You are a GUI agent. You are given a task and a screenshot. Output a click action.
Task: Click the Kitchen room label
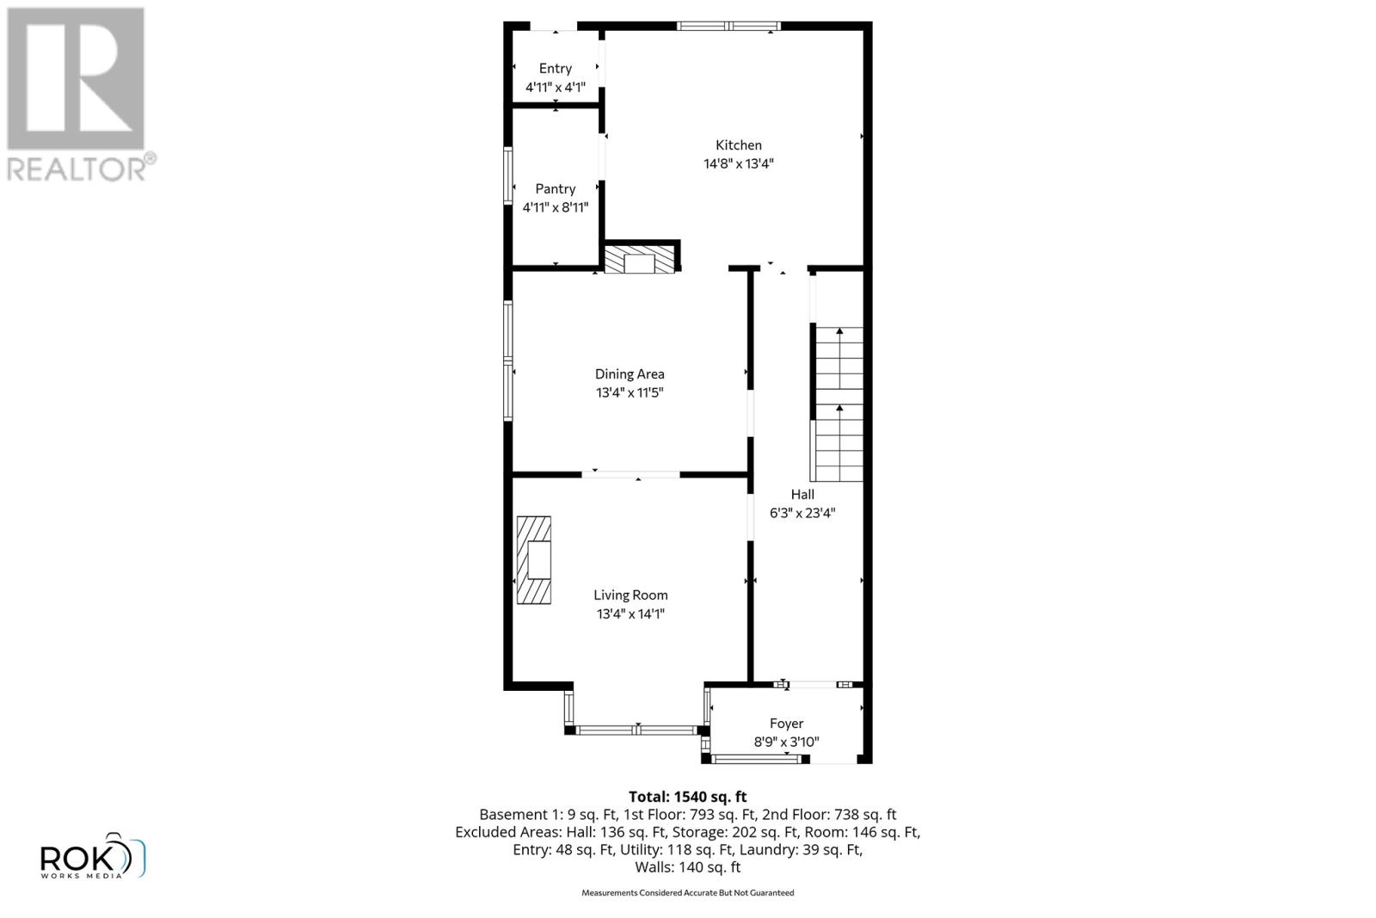[739, 145]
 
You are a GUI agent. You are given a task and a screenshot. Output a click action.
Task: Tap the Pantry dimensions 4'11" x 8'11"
[556, 207]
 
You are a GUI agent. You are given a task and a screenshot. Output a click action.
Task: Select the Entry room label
[556, 69]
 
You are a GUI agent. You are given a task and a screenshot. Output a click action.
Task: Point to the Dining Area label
[630, 374]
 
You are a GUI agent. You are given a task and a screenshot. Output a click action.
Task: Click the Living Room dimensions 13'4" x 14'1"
[630, 614]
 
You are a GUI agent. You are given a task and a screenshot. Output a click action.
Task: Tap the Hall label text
[802, 495]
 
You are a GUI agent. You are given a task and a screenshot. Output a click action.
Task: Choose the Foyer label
[786, 724]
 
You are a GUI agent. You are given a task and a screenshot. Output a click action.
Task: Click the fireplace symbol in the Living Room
[533, 560]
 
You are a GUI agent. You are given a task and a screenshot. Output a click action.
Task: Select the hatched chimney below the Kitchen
[639, 261]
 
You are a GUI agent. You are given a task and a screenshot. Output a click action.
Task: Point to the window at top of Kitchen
[728, 26]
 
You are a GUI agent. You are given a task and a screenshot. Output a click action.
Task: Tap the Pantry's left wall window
[508, 176]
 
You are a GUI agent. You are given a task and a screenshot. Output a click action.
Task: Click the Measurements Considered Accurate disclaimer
[687, 893]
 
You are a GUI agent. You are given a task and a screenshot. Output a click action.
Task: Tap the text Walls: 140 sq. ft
[687, 867]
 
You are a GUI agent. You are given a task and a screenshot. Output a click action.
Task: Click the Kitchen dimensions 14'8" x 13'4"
[739, 164]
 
